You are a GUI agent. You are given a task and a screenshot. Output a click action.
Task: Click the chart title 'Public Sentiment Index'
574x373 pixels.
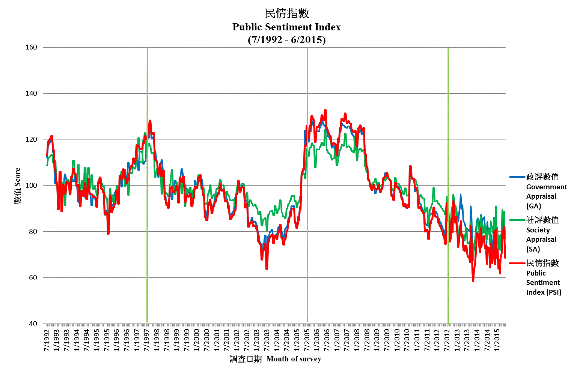coord(286,27)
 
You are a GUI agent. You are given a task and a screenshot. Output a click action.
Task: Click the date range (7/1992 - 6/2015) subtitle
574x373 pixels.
coord(286,40)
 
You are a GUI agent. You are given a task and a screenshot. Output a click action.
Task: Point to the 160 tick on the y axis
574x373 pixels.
coord(31,47)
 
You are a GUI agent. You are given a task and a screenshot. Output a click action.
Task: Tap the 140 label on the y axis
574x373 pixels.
coord(31,93)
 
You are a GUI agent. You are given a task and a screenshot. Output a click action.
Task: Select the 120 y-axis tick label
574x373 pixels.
coord(31,139)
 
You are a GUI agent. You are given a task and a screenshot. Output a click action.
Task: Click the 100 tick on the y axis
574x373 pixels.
coord(31,186)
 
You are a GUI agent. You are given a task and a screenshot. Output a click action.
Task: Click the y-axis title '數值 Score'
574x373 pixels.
coord(17,186)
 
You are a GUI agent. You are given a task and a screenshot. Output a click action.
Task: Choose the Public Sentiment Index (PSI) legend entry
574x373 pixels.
coord(543,277)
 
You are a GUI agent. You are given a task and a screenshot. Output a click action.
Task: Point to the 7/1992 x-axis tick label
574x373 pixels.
coord(47,341)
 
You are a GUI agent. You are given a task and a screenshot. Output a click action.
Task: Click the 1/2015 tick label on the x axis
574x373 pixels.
coord(497,341)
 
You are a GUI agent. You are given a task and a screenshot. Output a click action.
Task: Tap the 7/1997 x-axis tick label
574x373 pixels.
coord(147,341)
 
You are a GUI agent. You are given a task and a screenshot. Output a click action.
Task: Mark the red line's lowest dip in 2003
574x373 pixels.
coord(267,268)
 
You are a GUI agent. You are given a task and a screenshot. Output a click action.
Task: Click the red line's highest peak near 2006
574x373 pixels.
coord(325,110)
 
